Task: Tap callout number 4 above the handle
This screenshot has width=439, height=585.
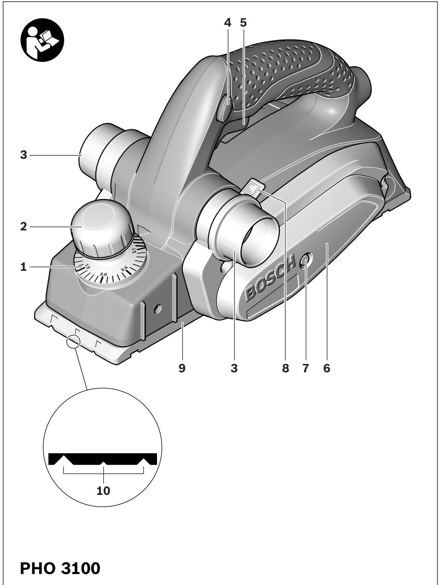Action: [x=228, y=23]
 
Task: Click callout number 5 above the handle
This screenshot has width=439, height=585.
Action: [x=243, y=23]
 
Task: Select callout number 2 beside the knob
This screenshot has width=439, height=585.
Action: [x=23, y=227]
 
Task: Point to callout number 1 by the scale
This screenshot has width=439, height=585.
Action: [x=23, y=267]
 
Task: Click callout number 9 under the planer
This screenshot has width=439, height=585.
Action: [x=182, y=369]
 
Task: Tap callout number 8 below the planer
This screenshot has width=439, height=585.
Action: [x=286, y=369]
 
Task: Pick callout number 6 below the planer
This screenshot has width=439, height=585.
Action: [x=327, y=369]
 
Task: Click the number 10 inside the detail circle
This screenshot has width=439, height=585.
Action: [x=104, y=491]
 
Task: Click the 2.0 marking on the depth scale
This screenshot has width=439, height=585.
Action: [x=104, y=274]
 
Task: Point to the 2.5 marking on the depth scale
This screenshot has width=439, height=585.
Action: [x=124, y=269]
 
